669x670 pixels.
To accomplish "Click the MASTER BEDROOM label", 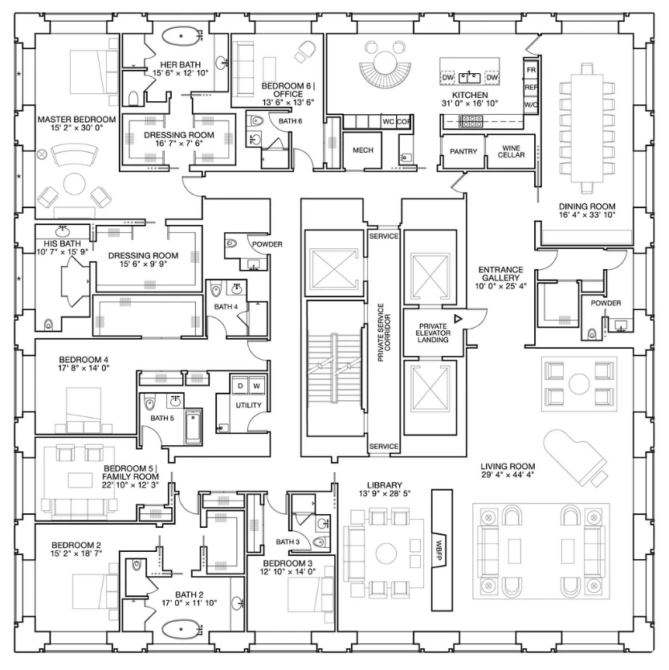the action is point(76,120).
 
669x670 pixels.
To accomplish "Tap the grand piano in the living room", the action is point(575,458).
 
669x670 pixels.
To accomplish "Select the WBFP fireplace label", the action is point(439,550).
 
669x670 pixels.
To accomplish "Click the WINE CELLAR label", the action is point(511,152).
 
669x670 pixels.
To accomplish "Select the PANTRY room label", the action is point(463,152).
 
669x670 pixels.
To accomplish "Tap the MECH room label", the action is point(363,150).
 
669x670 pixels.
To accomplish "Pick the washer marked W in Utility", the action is point(257,386).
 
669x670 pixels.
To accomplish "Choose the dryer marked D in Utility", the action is point(240,386).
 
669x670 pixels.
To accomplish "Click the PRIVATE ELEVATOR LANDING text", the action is point(433,333).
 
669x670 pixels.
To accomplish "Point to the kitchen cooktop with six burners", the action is point(471,122).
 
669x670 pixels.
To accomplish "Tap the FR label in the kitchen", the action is point(531,70).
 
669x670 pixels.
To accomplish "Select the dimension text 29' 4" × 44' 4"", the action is point(508,475).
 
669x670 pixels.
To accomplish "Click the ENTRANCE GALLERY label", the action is point(500,274).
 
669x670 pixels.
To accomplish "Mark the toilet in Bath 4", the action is point(215,291).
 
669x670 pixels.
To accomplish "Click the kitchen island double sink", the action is point(470,77).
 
